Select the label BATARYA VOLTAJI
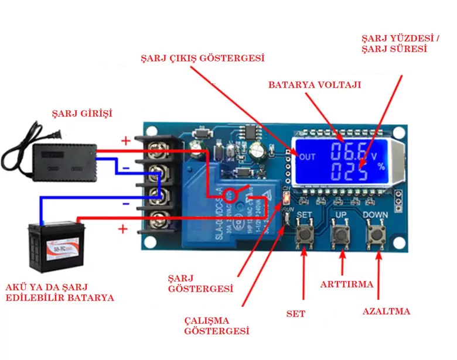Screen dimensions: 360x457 315,85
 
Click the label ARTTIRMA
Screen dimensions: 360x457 346,284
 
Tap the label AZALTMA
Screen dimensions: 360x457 386,311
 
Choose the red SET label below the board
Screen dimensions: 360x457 296,314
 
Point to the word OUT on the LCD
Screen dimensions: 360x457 306,156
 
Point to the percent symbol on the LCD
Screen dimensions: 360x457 381,167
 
